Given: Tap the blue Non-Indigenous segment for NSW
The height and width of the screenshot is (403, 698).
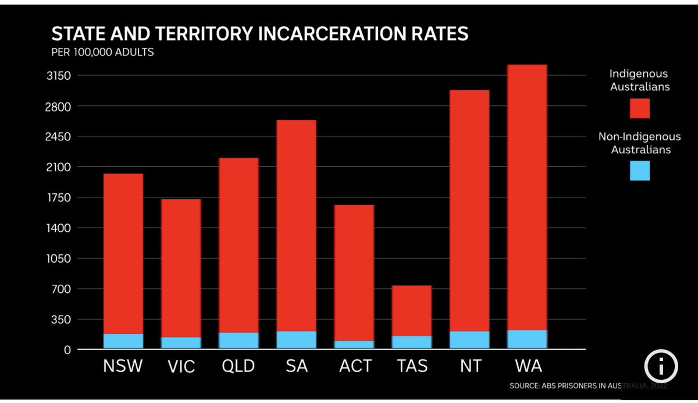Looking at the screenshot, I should (x=123, y=341).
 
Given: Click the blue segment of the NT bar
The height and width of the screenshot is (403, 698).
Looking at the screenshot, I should (x=469, y=340).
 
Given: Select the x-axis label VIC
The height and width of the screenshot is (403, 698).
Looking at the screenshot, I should (x=181, y=366).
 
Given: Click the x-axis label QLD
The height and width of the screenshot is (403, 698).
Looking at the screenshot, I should (x=238, y=366).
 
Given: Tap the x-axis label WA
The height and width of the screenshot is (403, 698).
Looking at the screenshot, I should (x=528, y=366).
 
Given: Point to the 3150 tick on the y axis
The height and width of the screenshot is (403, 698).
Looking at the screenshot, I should (x=59, y=76).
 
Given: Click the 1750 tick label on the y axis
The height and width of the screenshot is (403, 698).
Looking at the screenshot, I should (x=59, y=197).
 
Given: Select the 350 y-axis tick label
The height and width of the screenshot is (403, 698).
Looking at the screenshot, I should (x=62, y=319).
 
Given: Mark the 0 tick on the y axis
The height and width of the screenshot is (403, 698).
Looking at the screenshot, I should (x=67, y=350).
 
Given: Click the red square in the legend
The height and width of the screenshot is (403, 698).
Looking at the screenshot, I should (x=639, y=108).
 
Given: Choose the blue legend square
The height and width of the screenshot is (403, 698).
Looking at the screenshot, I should (x=639, y=171).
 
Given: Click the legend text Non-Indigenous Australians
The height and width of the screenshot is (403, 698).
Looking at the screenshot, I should (x=639, y=143).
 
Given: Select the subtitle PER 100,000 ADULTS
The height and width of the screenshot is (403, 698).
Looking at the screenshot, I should (x=102, y=52).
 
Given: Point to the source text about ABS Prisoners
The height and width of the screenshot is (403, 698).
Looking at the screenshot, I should (x=587, y=386).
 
